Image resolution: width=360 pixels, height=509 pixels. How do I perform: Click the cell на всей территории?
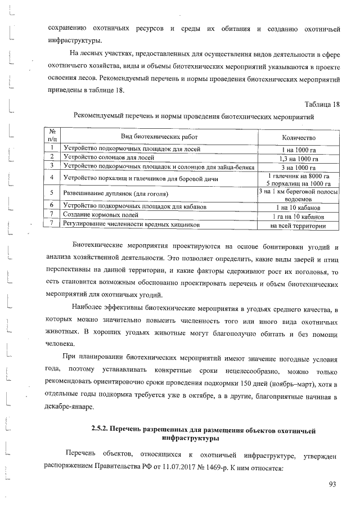tap(298, 226)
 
